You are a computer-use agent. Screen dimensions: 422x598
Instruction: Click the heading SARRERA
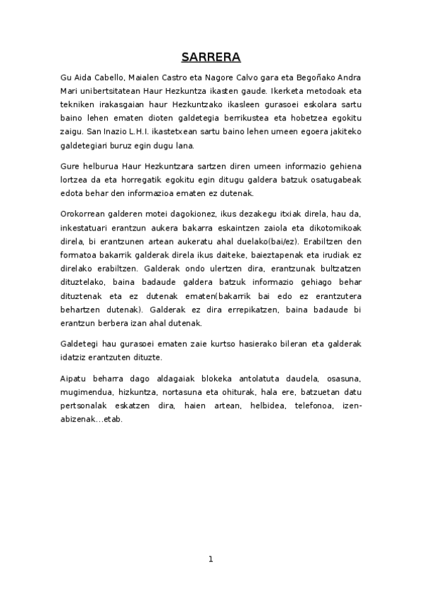point(211,56)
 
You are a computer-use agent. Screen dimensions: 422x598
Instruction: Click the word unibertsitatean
point(114,90)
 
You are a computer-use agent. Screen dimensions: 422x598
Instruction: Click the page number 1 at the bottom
point(210,559)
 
